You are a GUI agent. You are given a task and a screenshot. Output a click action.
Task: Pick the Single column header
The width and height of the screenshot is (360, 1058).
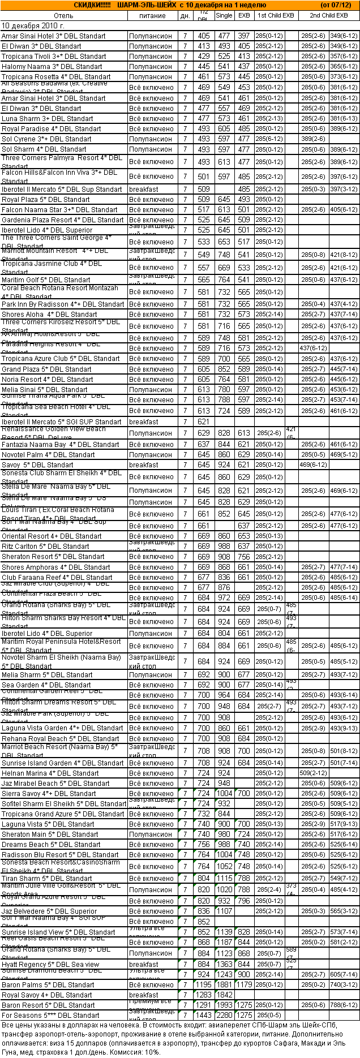tap(224, 16)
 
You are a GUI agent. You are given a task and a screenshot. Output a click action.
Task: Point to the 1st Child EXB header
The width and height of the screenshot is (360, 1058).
tap(276, 16)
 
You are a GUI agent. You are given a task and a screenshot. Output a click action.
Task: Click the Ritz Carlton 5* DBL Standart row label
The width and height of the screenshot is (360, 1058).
tap(45, 547)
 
